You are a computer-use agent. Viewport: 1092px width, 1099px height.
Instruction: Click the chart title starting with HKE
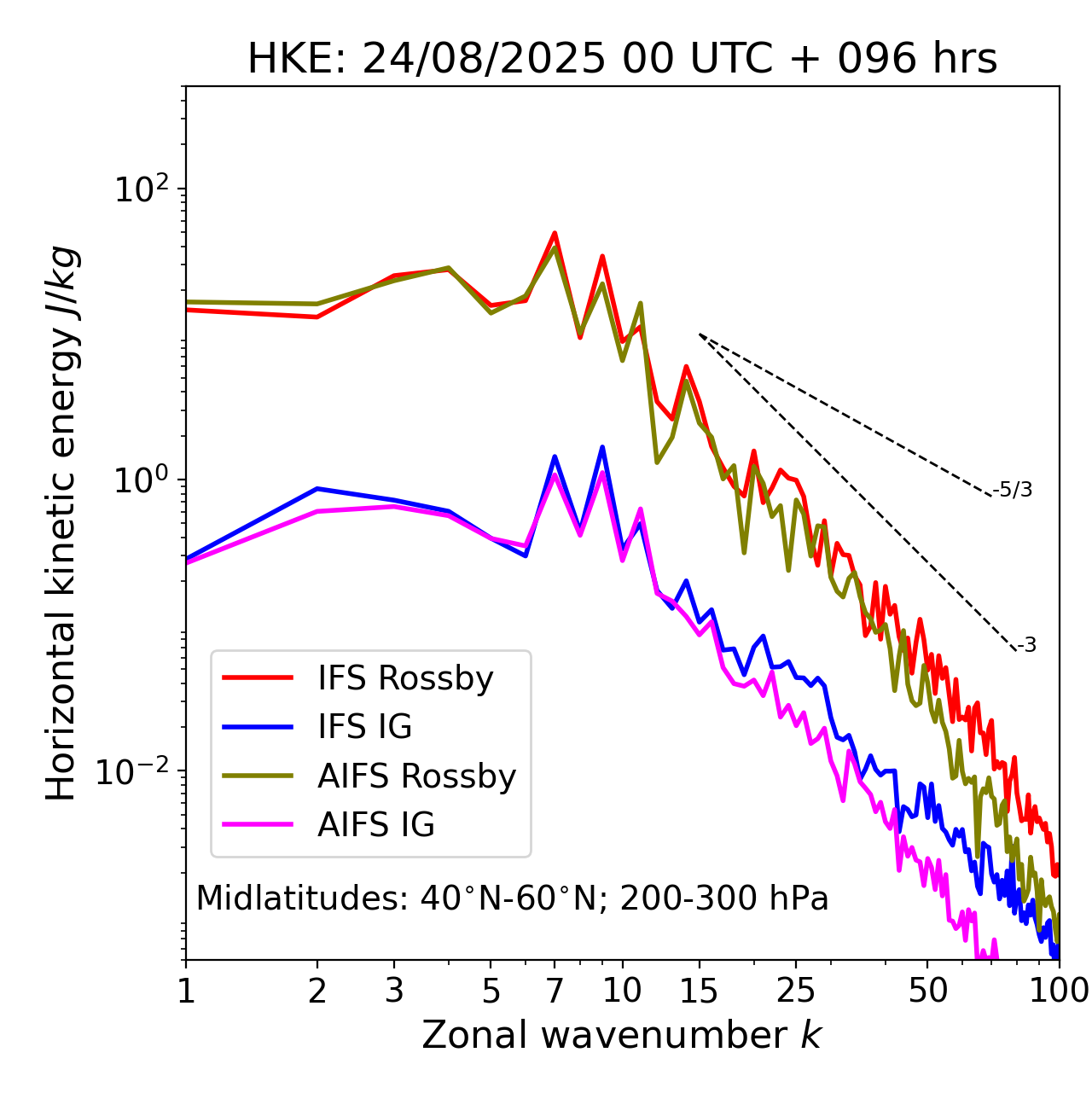(622, 60)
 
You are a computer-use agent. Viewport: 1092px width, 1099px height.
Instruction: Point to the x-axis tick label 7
(555, 991)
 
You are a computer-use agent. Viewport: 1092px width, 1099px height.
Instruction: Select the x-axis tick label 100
(1058, 991)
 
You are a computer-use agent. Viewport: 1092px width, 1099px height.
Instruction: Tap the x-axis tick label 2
(317, 991)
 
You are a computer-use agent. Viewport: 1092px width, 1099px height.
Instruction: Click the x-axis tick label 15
(700, 991)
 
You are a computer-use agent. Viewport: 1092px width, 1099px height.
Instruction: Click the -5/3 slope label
(1013, 490)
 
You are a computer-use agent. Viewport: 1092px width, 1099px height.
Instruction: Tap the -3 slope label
(1026, 646)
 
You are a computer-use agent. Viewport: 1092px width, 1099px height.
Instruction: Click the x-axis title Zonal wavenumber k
(622, 1035)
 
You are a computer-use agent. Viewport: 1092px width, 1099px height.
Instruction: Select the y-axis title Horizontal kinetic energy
(61, 523)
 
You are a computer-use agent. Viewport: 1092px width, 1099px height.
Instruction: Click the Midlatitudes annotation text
(512, 898)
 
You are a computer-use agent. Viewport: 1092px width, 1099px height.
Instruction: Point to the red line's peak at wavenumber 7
(555, 233)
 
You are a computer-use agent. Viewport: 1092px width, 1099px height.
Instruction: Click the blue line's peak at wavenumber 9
(602, 447)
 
